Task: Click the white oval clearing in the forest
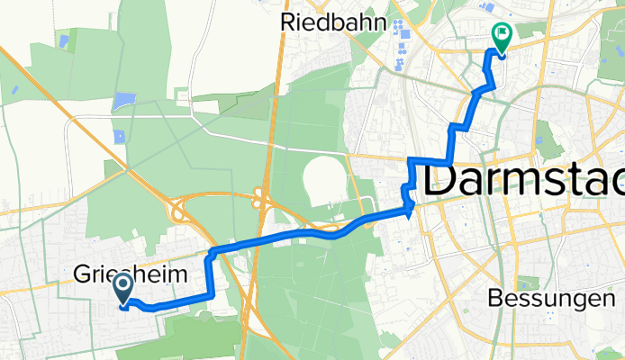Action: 322,179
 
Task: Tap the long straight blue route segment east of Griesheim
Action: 270,240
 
